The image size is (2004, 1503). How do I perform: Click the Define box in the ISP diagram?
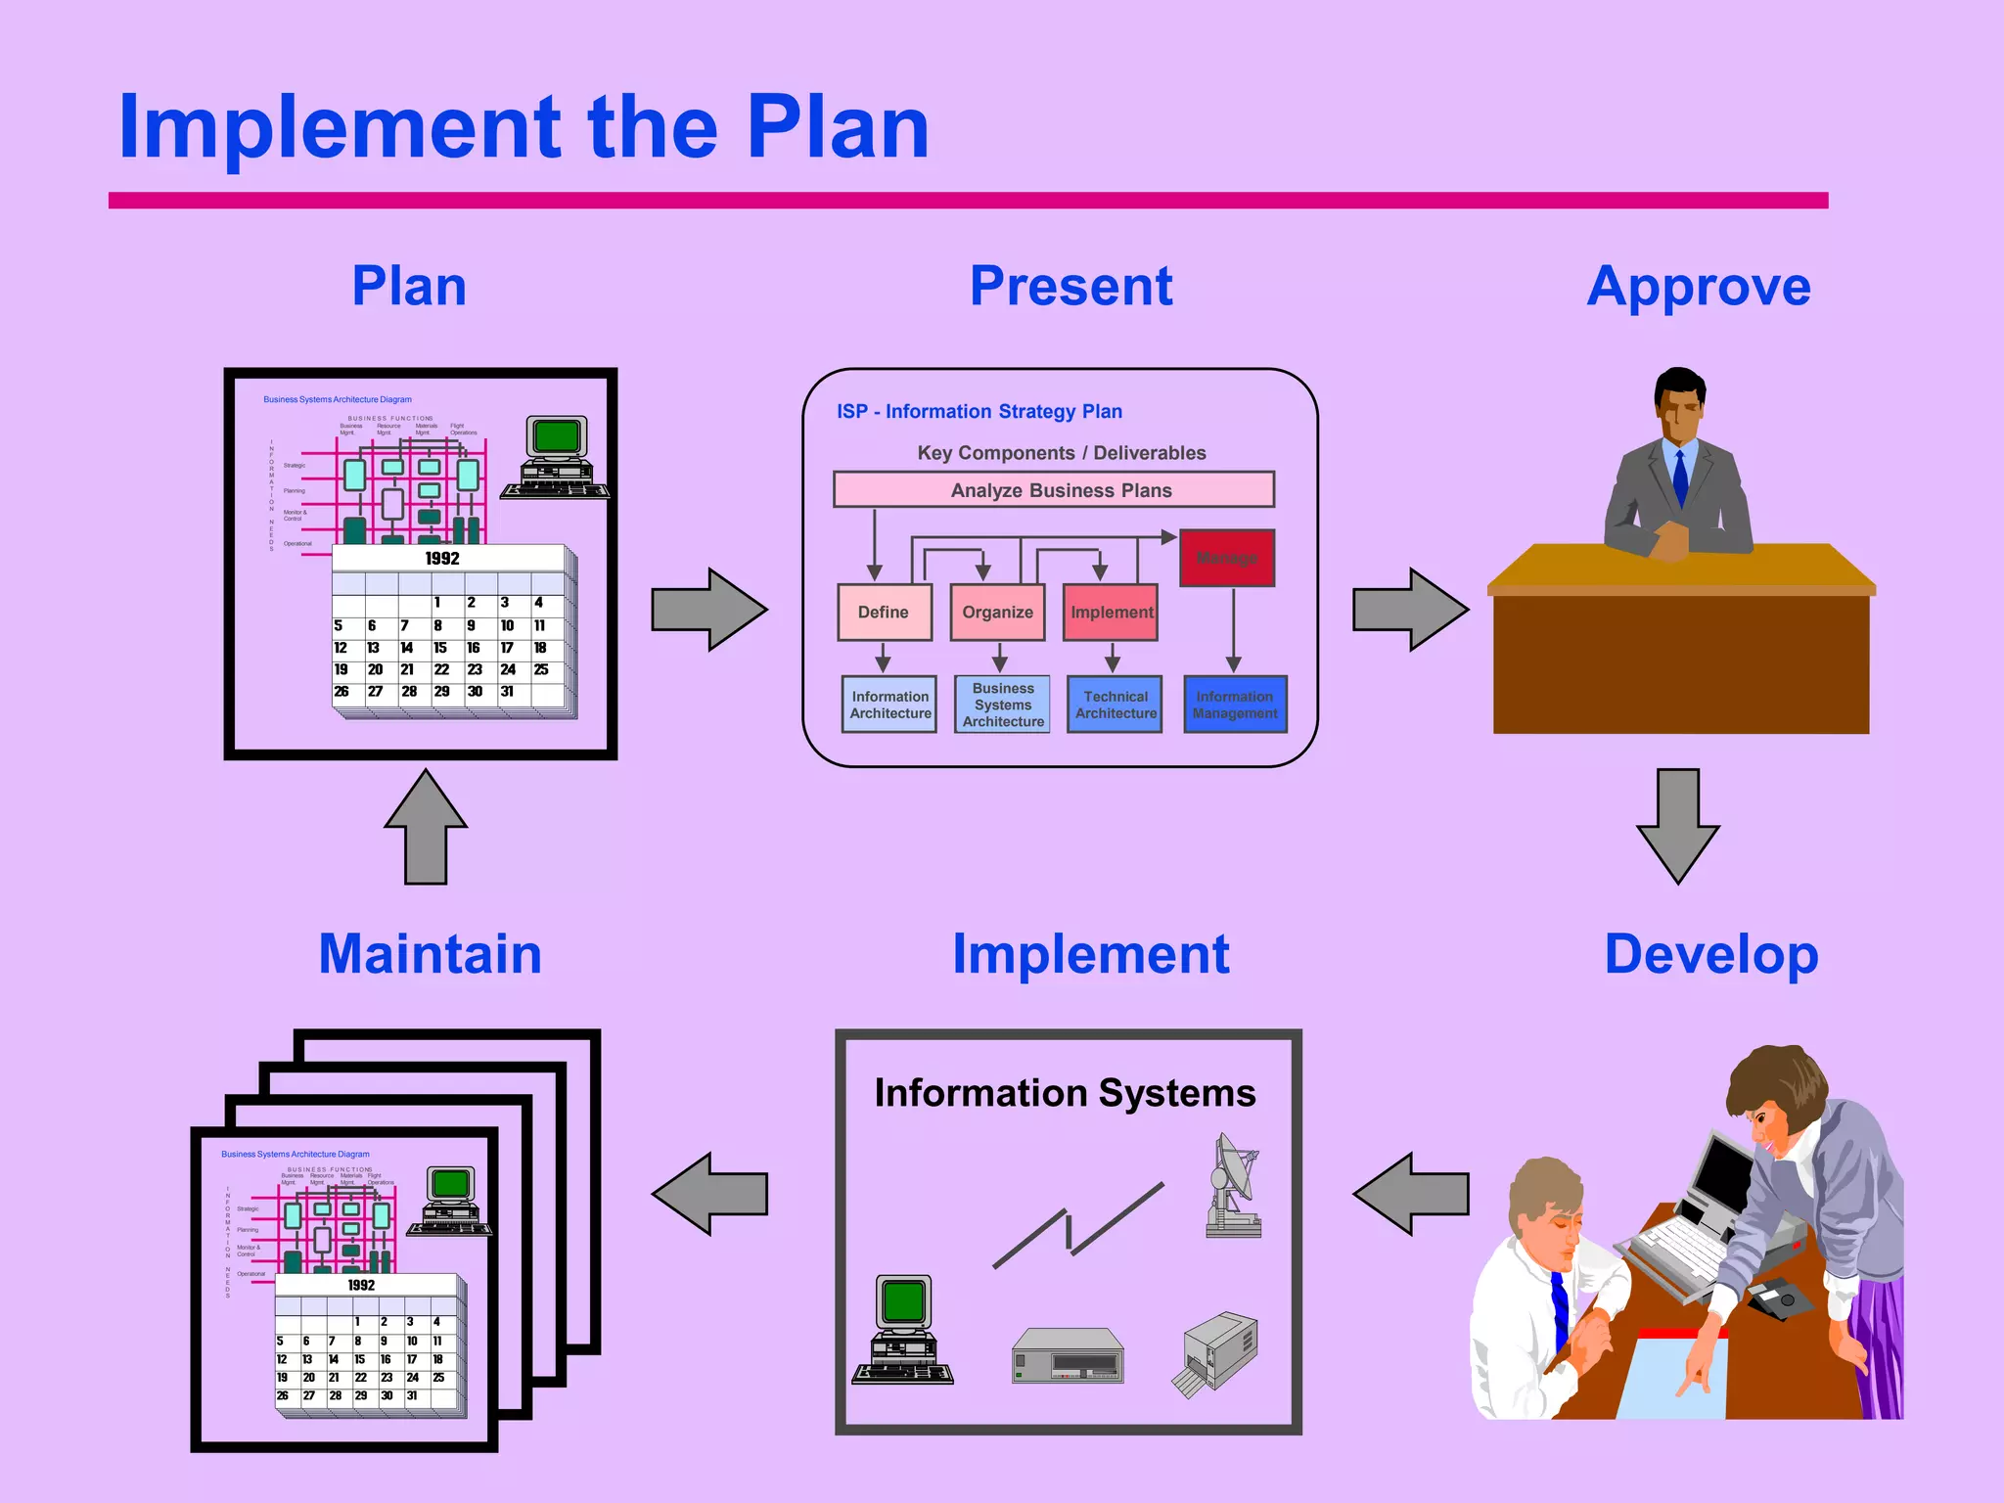pyautogui.click(x=885, y=613)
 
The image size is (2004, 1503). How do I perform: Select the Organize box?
pyautogui.click(x=997, y=613)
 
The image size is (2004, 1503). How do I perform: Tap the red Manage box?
pyautogui.click(x=1227, y=558)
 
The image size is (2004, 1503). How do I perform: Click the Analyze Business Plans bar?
pyautogui.click(x=1054, y=489)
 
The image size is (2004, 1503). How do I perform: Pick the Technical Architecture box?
pyautogui.click(x=1116, y=705)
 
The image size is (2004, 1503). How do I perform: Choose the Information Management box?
pyautogui.click(x=1235, y=705)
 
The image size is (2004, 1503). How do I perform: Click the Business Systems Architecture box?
pyautogui.click(x=1003, y=705)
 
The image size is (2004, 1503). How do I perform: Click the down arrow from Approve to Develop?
pyautogui.click(x=1678, y=825)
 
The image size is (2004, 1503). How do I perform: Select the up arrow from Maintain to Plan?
pyautogui.click(x=426, y=827)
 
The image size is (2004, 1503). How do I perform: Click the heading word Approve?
pyautogui.click(x=1699, y=287)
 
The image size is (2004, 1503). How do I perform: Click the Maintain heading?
pyautogui.click(x=430, y=954)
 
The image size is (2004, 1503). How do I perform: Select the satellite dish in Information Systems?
pyautogui.click(x=1234, y=1186)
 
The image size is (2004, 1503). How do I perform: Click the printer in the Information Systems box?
pyautogui.click(x=1216, y=1353)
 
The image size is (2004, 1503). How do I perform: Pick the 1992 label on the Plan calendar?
pyautogui.click(x=442, y=559)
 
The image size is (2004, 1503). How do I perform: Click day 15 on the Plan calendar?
pyautogui.click(x=440, y=648)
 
